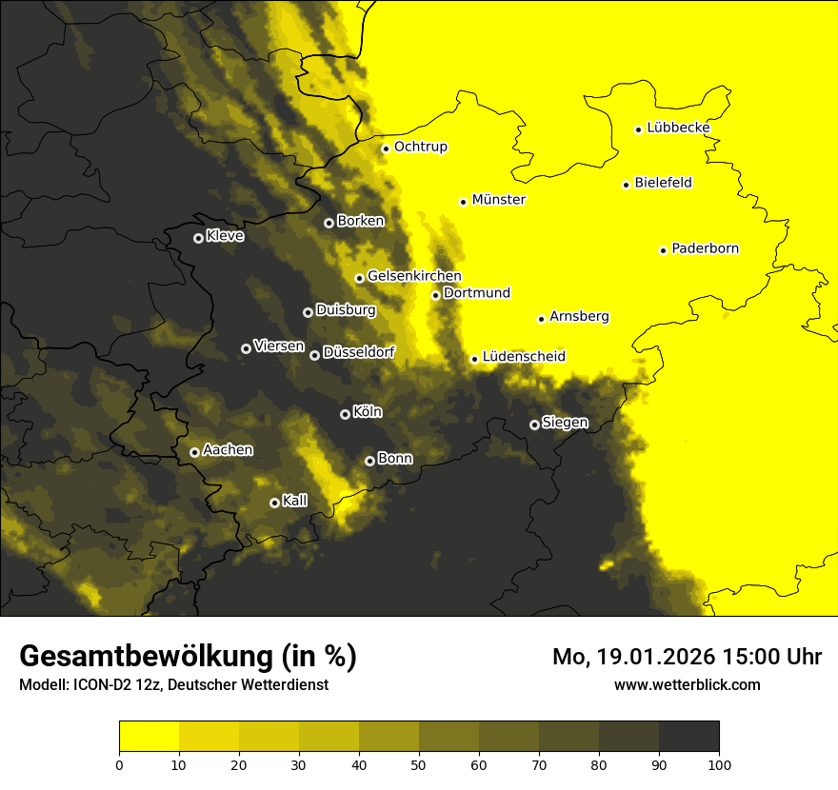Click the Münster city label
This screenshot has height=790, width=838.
pyautogui.click(x=498, y=200)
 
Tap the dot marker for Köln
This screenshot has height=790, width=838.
pyautogui.click(x=345, y=414)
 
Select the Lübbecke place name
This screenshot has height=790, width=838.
pyautogui.click(x=678, y=128)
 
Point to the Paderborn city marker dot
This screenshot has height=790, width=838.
pyautogui.click(x=663, y=250)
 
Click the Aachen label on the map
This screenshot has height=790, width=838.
pyautogui.click(x=228, y=450)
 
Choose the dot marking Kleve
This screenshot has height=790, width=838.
pyautogui.click(x=198, y=238)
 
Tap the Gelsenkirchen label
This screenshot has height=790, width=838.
pyautogui.click(x=414, y=276)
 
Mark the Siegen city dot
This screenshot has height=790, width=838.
pyautogui.click(x=534, y=425)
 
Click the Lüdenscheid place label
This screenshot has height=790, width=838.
pyautogui.click(x=524, y=357)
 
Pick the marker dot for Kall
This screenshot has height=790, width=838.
pyautogui.click(x=274, y=503)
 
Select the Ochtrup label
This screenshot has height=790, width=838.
pyautogui.click(x=420, y=147)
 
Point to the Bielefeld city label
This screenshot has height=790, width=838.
pyautogui.click(x=663, y=183)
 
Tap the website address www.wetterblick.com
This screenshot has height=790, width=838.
pyautogui.click(x=687, y=684)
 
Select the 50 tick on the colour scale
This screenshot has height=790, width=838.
pyautogui.click(x=419, y=763)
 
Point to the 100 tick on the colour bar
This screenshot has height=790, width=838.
pyautogui.click(x=719, y=763)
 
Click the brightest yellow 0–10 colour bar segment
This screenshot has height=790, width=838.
pyautogui.click(x=149, y=737)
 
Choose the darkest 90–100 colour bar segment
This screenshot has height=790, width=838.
pyautogui.click(x=688, y=737)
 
